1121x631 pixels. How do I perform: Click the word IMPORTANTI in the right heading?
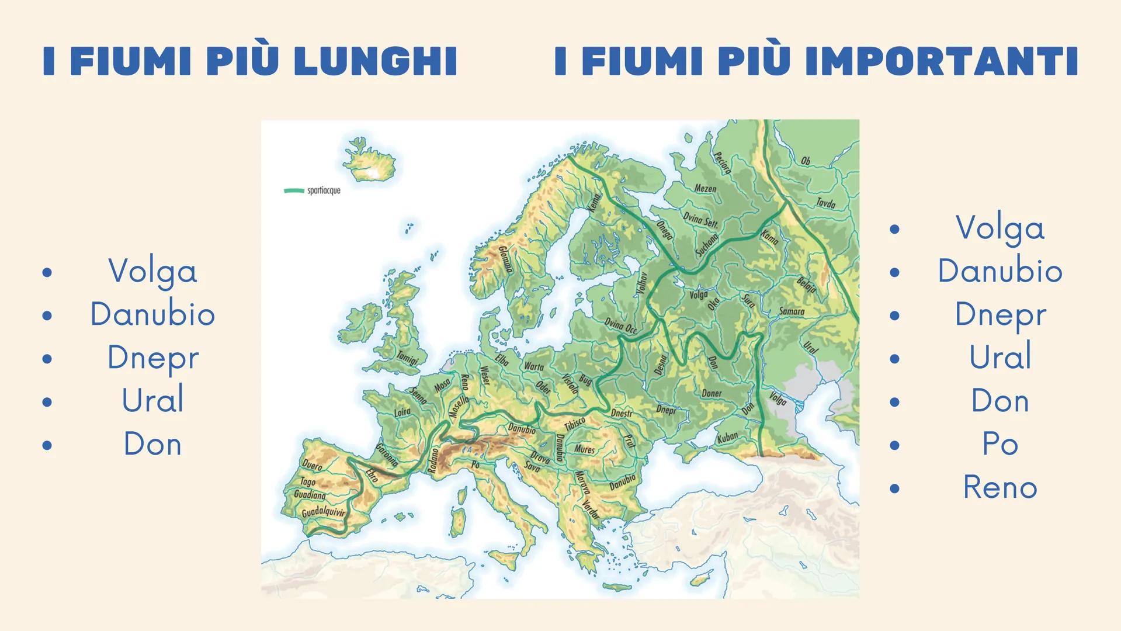[x=941, y=61]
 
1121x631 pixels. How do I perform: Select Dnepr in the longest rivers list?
[x=153, y=358]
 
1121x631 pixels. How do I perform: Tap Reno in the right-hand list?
[x=1000, y=487]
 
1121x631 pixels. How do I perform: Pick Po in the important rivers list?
[x=1000, y=444]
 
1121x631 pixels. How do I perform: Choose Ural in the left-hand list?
[x=153, y=401]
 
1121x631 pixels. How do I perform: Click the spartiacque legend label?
[x=324, y=190]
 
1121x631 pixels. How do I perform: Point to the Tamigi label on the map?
[x=407, y=358]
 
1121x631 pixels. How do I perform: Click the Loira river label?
[x=402, y=412]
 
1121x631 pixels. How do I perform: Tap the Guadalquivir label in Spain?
[x=323, y=512]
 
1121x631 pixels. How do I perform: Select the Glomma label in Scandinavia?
[x=506, y=259]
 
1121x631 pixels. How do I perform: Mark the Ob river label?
[x=806, y=161]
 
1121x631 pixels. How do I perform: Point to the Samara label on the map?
[x=792, y=311]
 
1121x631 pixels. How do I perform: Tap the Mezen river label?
[x=705, y=189]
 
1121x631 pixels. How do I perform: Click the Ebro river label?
[x=372, y=474]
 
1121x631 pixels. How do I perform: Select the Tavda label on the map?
[x=825, y=203]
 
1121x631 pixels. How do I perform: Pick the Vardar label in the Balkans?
[x=591, y=509]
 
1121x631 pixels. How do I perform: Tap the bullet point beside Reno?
[x=894, y=488]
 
